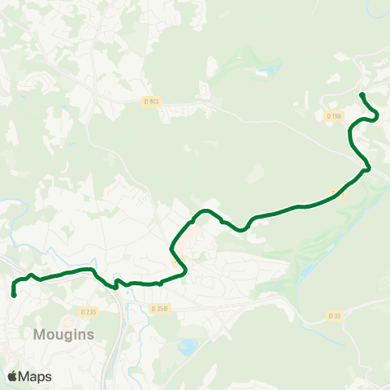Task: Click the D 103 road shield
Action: coord(151,102)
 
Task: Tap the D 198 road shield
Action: coord(334,116)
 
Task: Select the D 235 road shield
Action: coord(89,311)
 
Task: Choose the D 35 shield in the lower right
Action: coord(335,315)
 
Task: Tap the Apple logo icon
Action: coord(13,376)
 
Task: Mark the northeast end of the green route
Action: coord(361,96)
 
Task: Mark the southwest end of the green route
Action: coord(15,295)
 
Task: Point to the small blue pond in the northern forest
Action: coord(261,71)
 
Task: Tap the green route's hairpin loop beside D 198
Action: coord(375,116)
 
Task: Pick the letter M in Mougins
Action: coord(40,334)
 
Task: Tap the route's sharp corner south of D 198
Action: coord(367,168)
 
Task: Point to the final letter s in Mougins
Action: coord(91,334)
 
